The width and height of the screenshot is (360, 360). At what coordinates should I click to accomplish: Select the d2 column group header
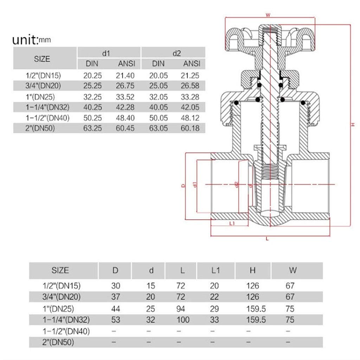pyautogui.click(x=176, y=53)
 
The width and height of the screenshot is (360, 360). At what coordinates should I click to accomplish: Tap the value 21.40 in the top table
pyautogui.click(x=126, y=75)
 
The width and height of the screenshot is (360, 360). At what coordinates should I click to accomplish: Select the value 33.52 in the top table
pyautogui.click(x=126, y=96)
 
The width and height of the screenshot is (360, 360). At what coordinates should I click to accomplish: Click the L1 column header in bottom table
pyautogui.click(x=216, y=270)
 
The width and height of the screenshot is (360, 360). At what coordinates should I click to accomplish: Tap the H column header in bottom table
pyautogui.click(x=252, y=270)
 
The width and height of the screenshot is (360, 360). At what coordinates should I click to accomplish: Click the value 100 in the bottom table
pyautogui.click(x=181, y=320)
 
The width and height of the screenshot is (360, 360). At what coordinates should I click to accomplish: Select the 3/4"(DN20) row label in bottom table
pyautogui.click(x=61, y=297)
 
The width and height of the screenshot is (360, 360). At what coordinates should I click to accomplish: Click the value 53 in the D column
pyautogui.click(x=115, y=320)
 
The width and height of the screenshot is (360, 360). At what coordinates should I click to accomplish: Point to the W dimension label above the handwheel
pyautogui.click(x=268, y=15)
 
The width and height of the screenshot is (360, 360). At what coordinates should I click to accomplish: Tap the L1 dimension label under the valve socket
pyautogui.click(x=232, y=224)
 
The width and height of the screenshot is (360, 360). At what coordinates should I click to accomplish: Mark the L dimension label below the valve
pyautogui.click(x=268, y=239)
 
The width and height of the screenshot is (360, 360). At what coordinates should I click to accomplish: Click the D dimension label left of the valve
pyautogui.click(x=183, y=185)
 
